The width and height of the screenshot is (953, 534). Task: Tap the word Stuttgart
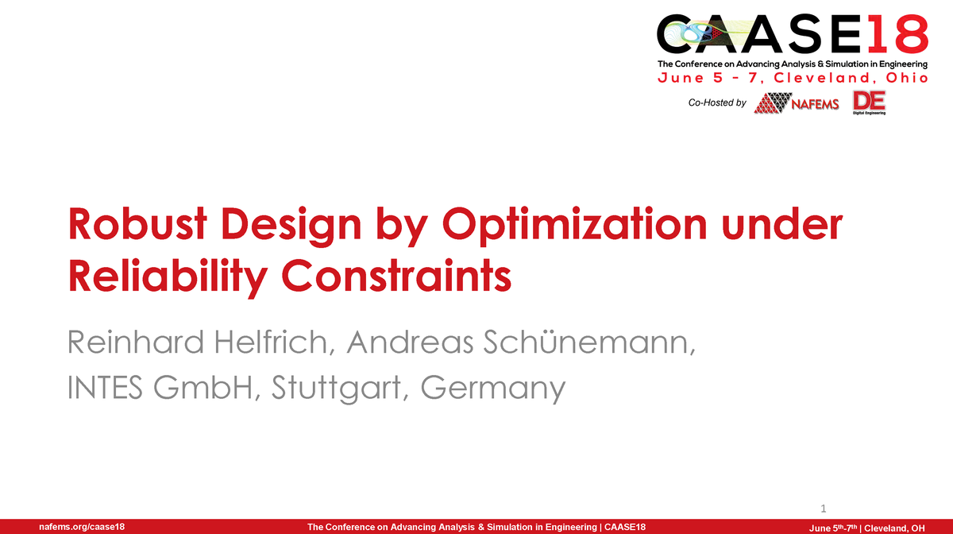pyautogui.click(x=343, y=389)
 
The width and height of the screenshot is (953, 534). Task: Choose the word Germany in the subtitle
pyautogui.click(x=494, y=389)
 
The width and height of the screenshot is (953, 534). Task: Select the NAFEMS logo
pyautogui.click(x=797, y=103)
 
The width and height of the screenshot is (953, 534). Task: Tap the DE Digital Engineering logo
pyautogui.click(x=868, y=102)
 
